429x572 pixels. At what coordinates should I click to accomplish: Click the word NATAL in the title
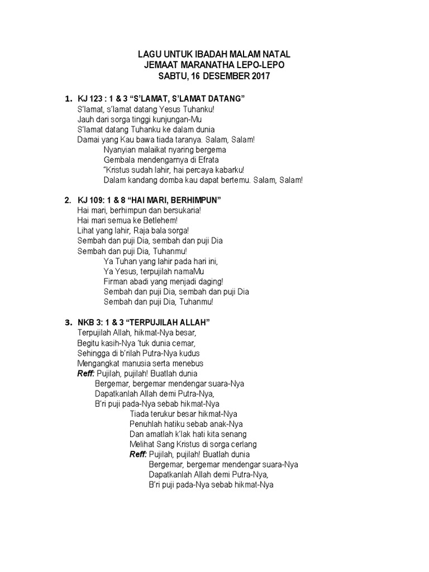[276, 54]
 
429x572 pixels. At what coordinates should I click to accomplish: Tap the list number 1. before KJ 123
[68, 99]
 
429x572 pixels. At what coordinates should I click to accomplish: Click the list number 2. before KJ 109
[68, 199]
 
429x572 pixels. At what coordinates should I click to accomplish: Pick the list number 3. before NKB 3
[68, 322]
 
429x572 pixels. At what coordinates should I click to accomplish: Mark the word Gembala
[118, 160]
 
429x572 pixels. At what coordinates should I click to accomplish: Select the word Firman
[115, 282]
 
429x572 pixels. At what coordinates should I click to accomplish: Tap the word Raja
[137, 231]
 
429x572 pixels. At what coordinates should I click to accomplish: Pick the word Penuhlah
[145, 424]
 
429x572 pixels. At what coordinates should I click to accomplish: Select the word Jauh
[85, 119]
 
